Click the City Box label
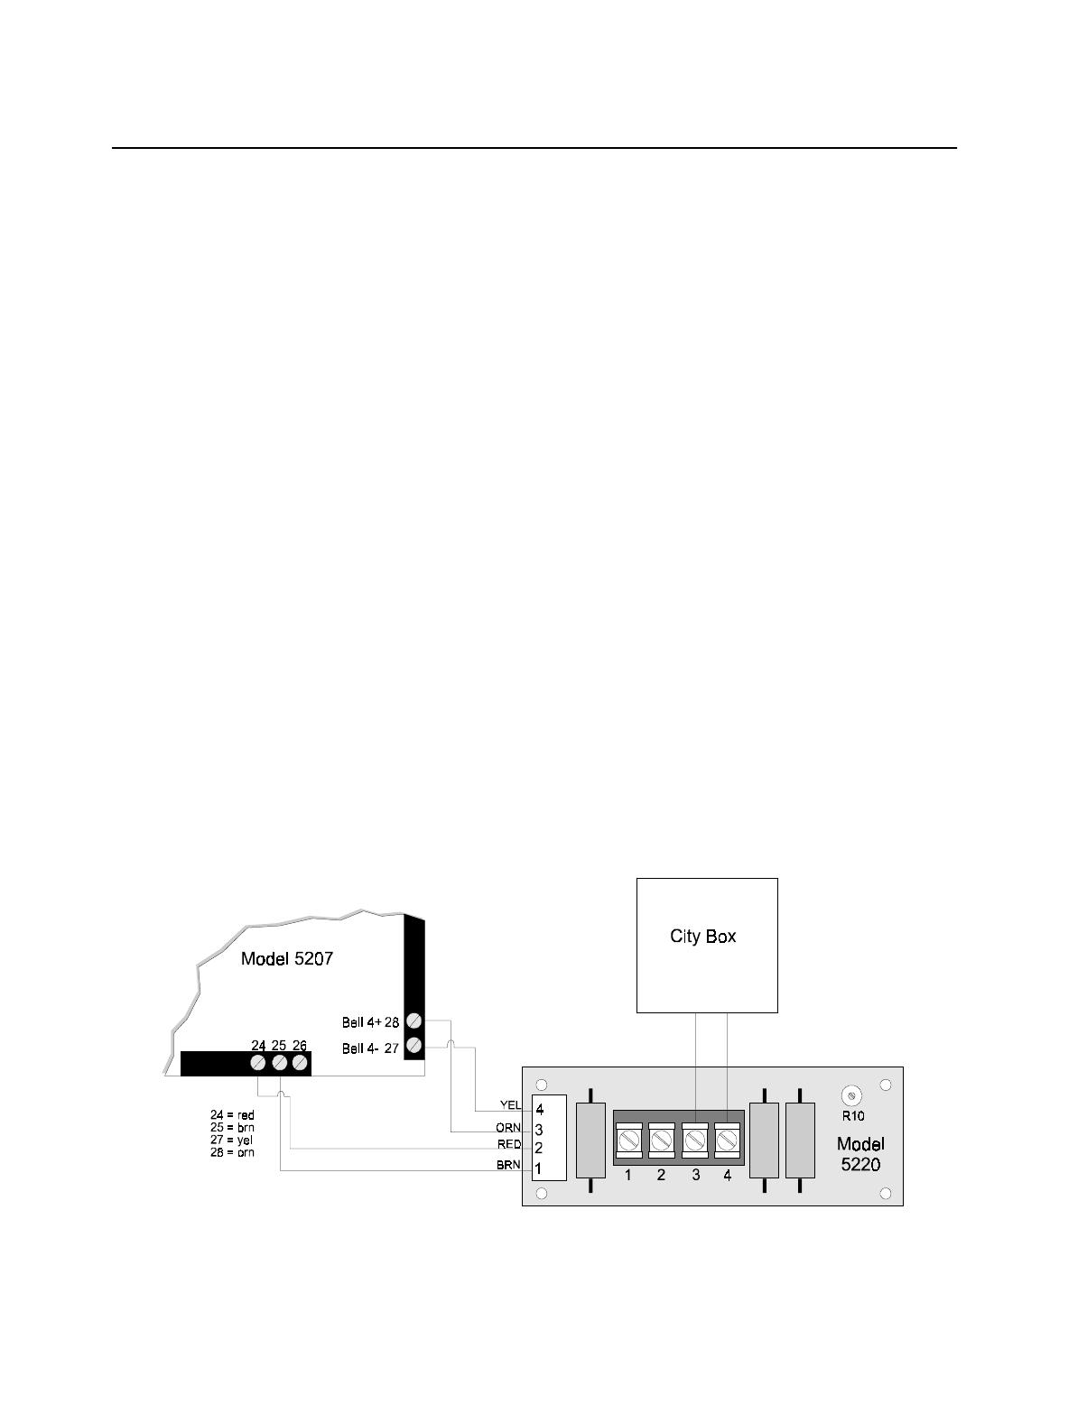coord(702,937)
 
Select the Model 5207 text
coord(286,958)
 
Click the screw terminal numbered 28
coord(413,1021)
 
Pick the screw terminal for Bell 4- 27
coord(413,1047)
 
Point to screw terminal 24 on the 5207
coord(258,1063)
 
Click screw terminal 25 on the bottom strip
coord(279,1063)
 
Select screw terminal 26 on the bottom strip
coord(300,1063)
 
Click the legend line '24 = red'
coord(232,1116)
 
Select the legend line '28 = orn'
coord(232,1152)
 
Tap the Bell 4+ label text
coord(361,1022)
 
